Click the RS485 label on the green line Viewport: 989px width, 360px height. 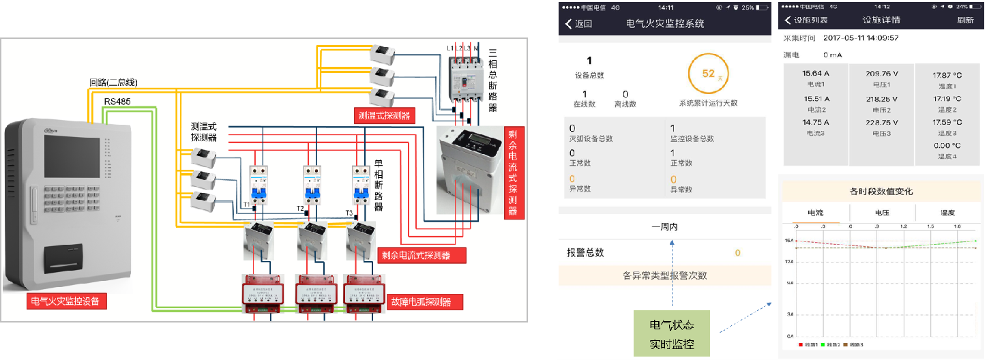click(x=117, y=102)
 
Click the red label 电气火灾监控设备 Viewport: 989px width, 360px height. click(x=68, y=301)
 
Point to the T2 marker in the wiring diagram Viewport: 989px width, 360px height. click(x=299, y=209)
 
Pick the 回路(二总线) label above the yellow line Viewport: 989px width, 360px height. click(x=113, y=82)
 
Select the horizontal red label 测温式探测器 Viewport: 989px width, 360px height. click(x=385, y=116)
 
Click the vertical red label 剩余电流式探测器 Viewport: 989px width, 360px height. click(x=512, y=172)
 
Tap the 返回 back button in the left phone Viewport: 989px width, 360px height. click(x=578, y=24)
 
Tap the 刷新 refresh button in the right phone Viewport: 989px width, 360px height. click(x=965, y=20)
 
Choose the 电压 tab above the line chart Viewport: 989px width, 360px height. click(x=881, y=213)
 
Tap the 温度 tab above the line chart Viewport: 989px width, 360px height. click(x=947, y=213)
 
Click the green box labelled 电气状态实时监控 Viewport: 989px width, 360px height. click(x=672, y=333)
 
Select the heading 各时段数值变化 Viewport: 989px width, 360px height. click(x=881, y=192)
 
